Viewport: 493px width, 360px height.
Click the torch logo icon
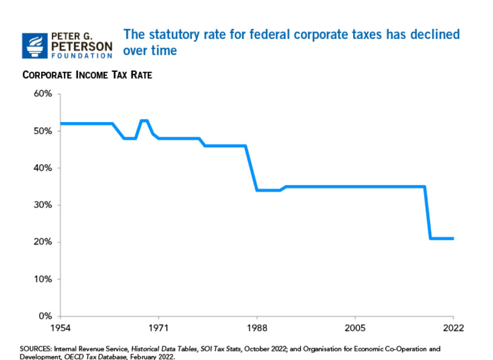(35, 45)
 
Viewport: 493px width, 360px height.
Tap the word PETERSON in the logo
(82, 46)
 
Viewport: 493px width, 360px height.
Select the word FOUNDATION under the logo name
(81, 56)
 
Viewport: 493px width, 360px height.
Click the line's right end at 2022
(453, 238)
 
